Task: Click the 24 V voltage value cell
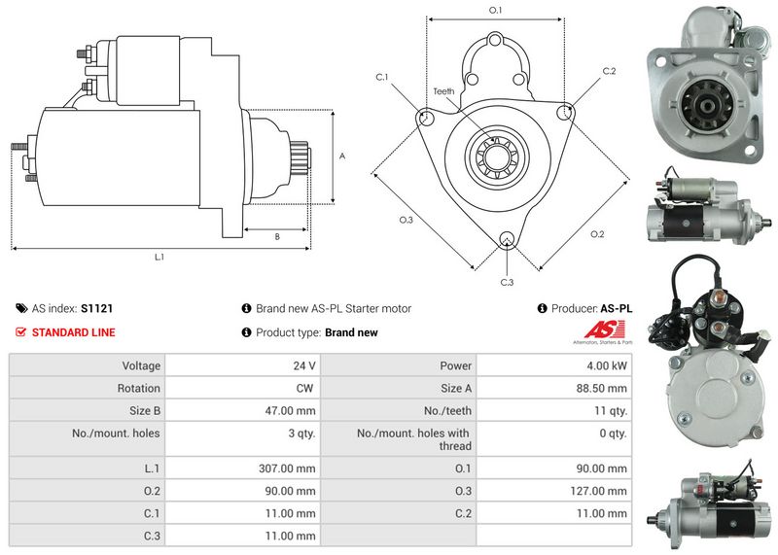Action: coord(304,365)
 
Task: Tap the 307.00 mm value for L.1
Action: coord(292,468)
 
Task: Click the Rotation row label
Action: coord(141,388)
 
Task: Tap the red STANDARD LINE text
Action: coord(73,332)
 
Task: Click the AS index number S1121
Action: coord(96,308)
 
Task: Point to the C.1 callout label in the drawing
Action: coord(382,76)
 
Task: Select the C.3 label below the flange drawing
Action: coord(507,282)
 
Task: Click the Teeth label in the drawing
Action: coord(443,91)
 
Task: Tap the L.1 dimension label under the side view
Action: coord(159,258)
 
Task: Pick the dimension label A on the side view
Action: coord(341,156)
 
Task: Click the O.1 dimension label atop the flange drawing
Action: coord(495,10)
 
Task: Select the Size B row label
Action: coord(143,410)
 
